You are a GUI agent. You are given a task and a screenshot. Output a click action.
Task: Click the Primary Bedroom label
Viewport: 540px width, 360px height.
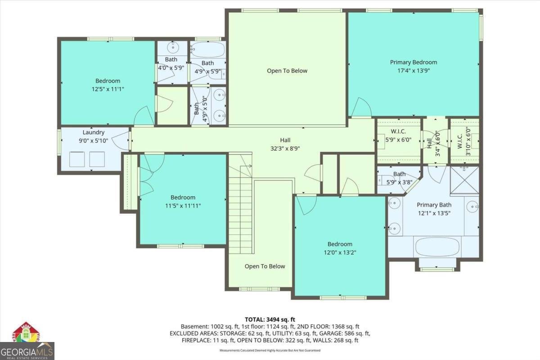click(414, 62)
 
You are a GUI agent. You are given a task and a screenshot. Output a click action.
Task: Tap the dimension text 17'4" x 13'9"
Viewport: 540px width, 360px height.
click(414, 71)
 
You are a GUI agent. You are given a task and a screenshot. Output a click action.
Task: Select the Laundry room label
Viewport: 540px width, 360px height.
click(94, 132)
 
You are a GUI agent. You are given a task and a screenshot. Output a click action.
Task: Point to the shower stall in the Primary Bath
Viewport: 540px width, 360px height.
click(464, 180)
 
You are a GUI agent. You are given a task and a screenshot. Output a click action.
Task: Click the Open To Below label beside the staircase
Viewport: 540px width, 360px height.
click(265, 266)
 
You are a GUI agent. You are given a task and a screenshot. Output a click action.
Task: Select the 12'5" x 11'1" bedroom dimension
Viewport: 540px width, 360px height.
click(108, 89)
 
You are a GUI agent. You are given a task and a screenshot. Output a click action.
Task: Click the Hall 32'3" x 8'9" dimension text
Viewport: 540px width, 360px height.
click(285, 148)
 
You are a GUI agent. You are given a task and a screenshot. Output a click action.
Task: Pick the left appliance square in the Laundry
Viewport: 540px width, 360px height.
click(77, 159)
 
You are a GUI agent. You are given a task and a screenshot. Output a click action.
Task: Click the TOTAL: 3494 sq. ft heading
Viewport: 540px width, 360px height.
click(270, 319)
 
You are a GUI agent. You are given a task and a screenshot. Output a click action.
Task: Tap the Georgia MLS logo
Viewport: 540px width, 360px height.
click(27, 351)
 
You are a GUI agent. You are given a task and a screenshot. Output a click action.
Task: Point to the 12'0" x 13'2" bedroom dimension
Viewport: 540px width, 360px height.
click(340, 252)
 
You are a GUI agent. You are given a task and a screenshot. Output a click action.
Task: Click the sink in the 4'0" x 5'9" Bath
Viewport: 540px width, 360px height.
click(173, 47)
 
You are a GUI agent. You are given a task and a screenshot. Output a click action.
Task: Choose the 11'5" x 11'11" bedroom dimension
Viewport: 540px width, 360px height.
click(183, 206)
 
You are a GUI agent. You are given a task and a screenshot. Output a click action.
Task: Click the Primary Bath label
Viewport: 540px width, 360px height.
click(434, 205)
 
